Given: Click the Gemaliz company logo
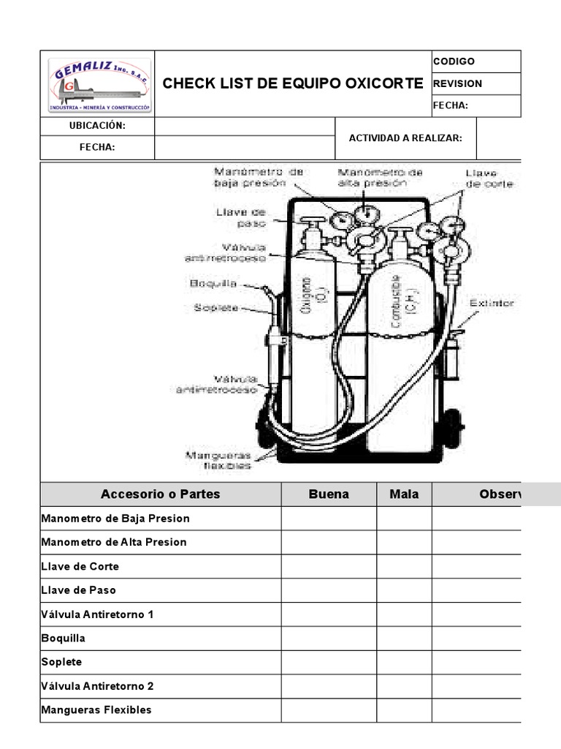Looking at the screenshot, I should tap(99, 84).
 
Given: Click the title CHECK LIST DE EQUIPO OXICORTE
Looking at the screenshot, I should tap(292, 83).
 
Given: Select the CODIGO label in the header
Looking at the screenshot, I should tap(454, 61).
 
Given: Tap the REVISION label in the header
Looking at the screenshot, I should tap(458, 83).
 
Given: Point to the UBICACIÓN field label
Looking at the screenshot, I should tap(98, 126).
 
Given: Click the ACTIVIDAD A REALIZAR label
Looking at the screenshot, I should tap(405, 138).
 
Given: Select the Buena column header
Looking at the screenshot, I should tap(329, 494).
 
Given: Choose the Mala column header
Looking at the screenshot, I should tap(404, 494).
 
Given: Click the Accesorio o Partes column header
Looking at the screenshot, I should tap(160, 494).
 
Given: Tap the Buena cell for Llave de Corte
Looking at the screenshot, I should tap(329, 566).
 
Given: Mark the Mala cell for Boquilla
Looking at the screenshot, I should tap(404, 638).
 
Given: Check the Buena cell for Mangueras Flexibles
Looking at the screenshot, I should tap(329, 710).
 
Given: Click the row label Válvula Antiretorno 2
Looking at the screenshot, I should tap(98, 686).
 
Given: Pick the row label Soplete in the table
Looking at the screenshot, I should tap(62, 662).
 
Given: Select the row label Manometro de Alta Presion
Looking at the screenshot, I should tap(114, 542).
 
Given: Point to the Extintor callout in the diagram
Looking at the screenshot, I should tap(492, 302).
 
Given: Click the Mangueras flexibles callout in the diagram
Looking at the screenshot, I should tap(218, 459).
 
